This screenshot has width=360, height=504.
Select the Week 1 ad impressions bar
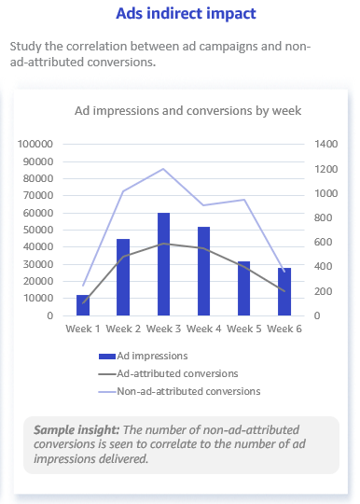[x=83, y=305]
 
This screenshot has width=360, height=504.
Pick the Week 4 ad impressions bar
[x=204, y=271]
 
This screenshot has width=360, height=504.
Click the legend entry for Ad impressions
[x=151, y=356]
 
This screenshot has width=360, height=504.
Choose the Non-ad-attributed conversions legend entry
[x=187, y=391]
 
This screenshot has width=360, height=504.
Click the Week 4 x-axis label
[x=204, y=329]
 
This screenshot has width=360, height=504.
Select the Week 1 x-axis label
[x=83, y=329]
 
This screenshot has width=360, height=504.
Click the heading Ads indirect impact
[x=186, y=15]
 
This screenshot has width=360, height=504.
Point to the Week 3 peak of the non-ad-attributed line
[x=164, y=169]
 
